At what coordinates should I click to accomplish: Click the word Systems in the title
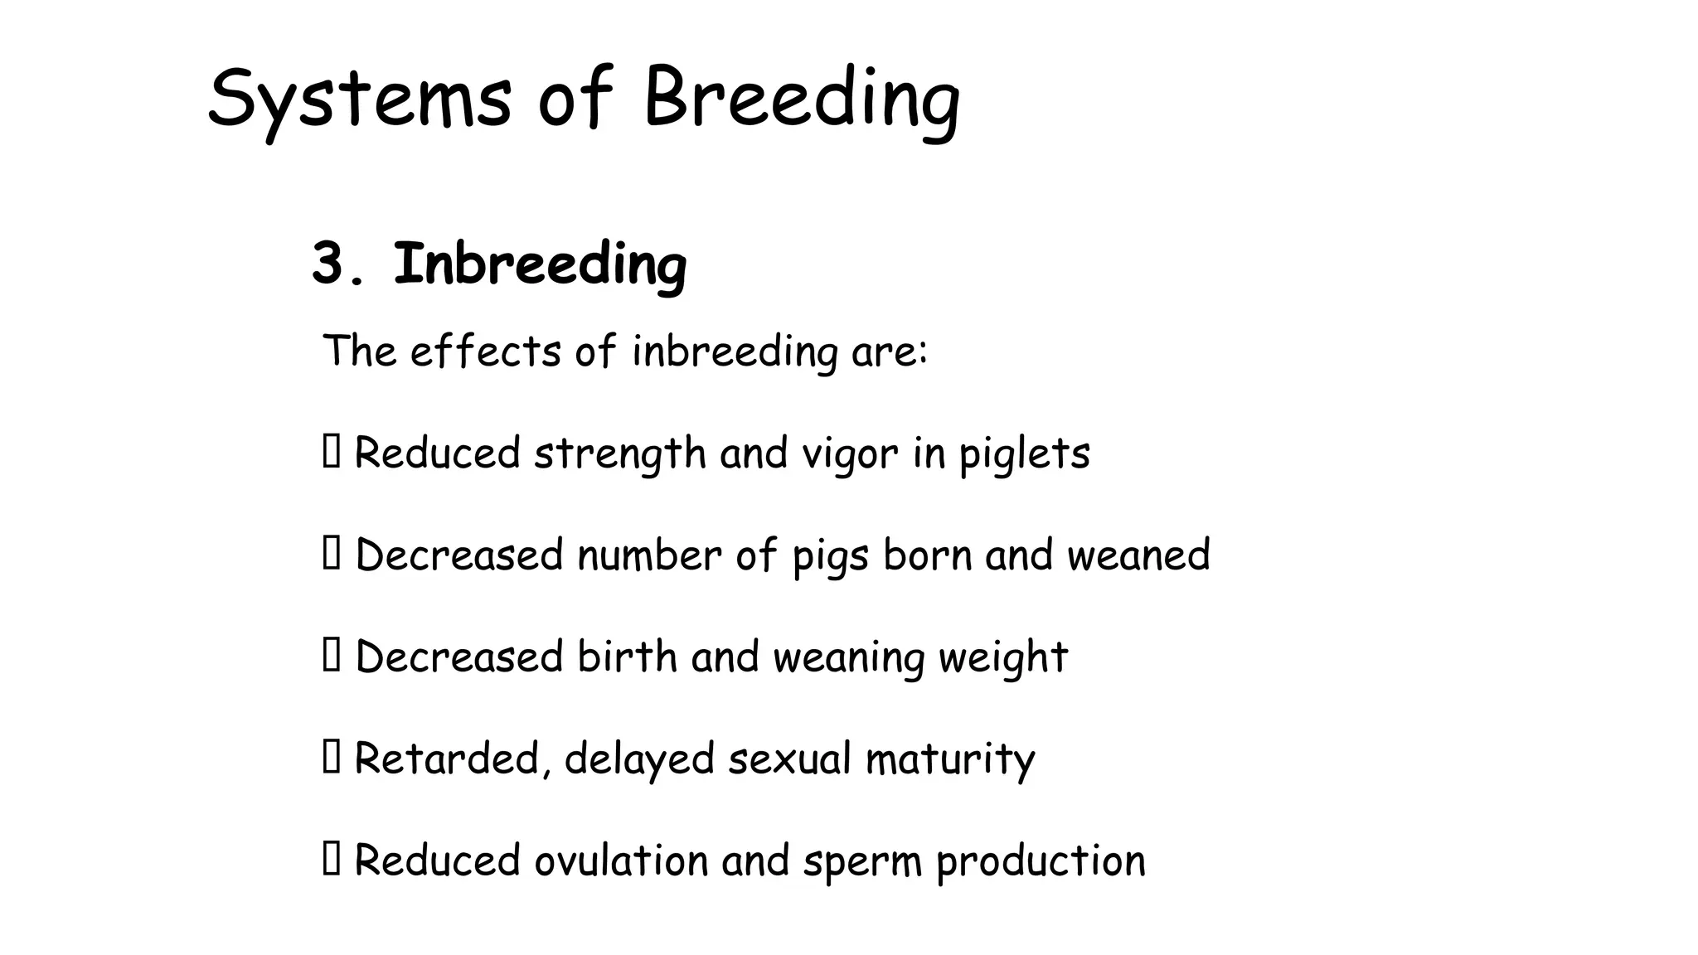tap(358, 99)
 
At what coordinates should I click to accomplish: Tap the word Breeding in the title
tap(801, 99)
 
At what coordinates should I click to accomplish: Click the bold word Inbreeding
tap(540, 265)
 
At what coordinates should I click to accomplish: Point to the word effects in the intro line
tap(485, 351)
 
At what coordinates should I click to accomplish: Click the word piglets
tap(1024, 454)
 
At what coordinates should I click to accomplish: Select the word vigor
tap(850, 454)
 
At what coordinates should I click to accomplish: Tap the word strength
tap(619, 454)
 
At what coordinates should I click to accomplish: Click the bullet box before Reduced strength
tap(331, 452)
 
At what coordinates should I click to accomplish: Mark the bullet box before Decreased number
tap(331, 554)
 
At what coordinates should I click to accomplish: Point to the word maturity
tap(950, 759)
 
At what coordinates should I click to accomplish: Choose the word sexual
tap(789, 759)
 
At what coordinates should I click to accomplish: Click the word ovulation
tap(621, 860)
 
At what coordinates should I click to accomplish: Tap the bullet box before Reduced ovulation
tap(331, 859)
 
